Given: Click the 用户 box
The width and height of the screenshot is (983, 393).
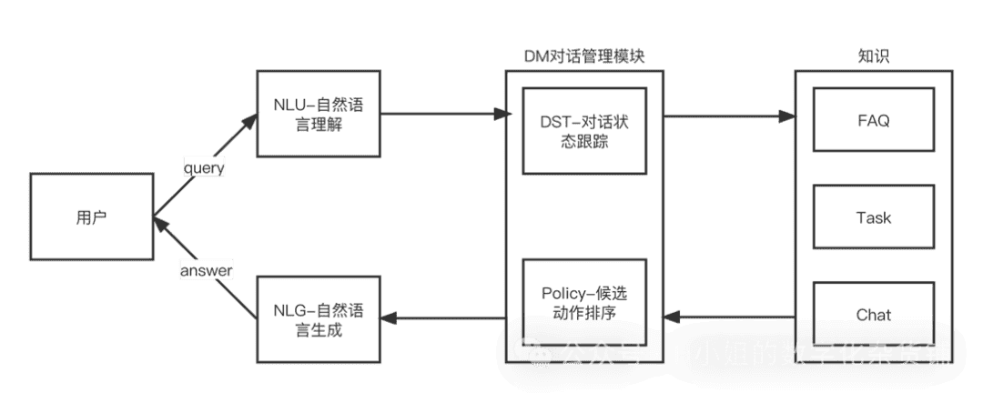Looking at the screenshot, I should [91, 218].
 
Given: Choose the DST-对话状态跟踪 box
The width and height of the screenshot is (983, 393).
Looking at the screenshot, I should [583, 131].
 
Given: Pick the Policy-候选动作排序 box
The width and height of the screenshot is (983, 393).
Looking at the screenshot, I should [583, 303].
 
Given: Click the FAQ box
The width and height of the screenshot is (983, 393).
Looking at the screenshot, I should [873, 119].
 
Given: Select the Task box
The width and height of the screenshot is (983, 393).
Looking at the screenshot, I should [873, 217].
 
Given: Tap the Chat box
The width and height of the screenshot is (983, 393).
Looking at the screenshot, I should [873, 315].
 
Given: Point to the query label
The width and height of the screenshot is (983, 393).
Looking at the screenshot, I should [204, 167].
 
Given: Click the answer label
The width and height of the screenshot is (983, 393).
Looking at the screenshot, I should [206, 270].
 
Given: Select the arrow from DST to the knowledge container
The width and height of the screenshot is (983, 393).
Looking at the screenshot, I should [728, 116].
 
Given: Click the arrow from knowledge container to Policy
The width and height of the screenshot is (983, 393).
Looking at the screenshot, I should [728, 317].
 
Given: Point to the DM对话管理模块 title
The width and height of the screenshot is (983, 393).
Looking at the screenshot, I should [584, 56].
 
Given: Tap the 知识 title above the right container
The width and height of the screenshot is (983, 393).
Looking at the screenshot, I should [873, 56].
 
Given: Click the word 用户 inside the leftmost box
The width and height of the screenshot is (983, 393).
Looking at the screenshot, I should [91, 218].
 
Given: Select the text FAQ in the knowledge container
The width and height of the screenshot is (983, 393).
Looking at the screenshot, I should [873, 119].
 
